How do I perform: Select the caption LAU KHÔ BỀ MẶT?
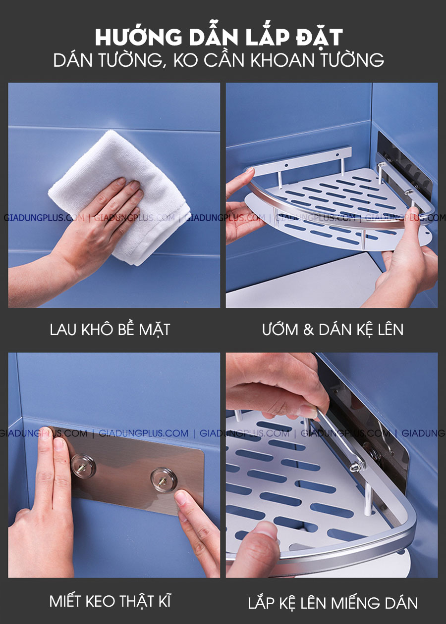coord(110,330)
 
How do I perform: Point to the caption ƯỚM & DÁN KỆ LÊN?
coord(333,330)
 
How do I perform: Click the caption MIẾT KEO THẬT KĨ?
coord(110,601)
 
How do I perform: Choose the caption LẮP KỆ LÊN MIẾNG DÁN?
coord(333,603)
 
